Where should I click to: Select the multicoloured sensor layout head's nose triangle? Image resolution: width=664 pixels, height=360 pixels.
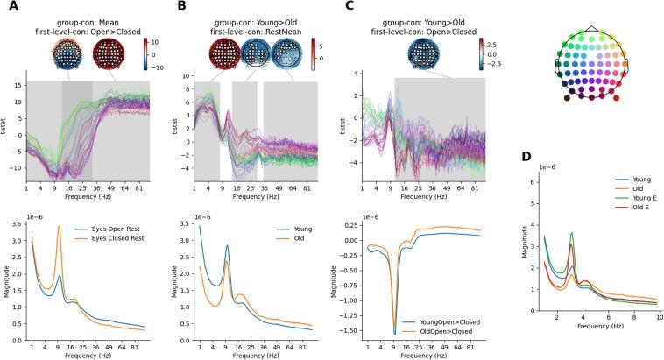(593, 30)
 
